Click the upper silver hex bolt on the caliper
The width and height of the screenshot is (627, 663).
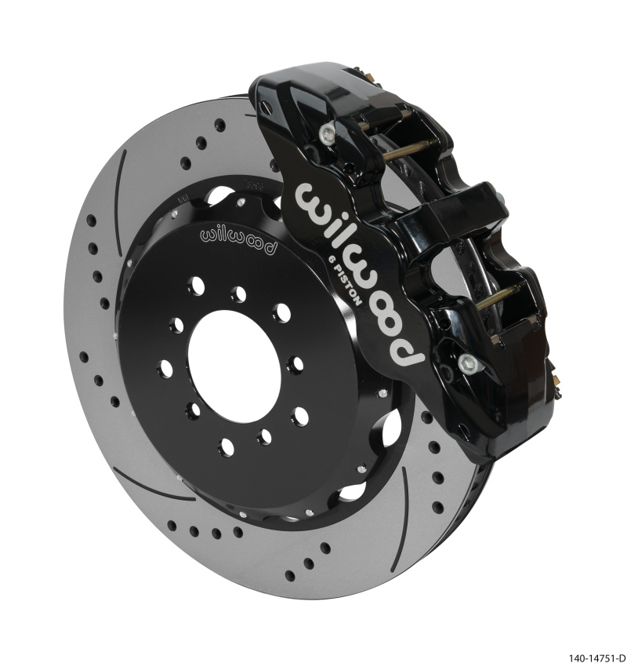tap(325, 135)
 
